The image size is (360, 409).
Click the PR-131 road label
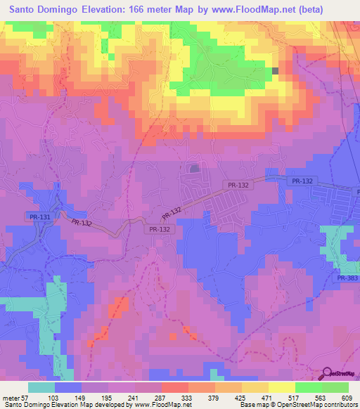[40, 217]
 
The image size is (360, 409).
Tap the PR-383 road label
[347, 279]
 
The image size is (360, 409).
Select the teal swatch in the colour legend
[41, 387]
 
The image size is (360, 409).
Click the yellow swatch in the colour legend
[281, 387]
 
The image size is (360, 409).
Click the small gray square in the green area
[276, 71]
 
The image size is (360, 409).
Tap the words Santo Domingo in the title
[46, 11]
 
